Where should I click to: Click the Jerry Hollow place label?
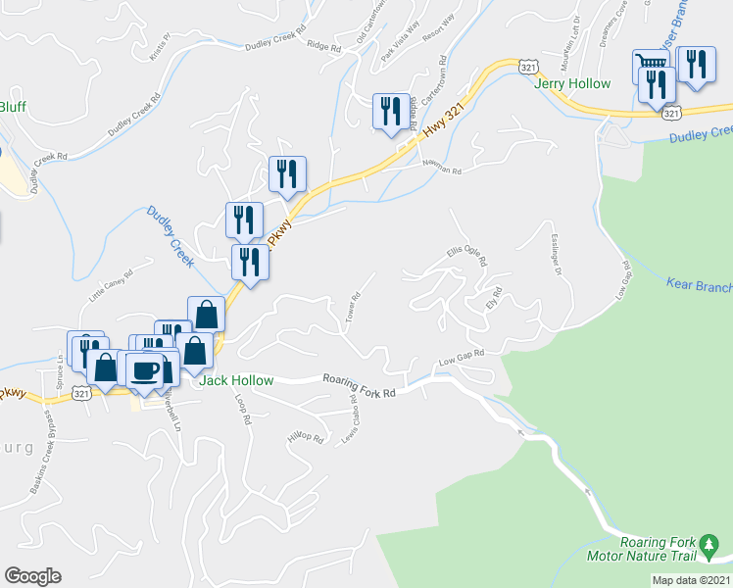[x=573, y=83]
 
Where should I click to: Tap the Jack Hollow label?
[x=236, y=380]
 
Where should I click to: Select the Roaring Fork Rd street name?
[x=359, y=388]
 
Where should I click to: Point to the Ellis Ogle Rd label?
[x=467, y=256]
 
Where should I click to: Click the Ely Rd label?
[x=494, y=297]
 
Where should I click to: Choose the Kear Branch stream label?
[x=699, y=284]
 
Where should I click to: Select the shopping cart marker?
[x=649, y=65]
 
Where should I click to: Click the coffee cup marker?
[x=146, y=370]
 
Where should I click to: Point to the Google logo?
[x=32, y=576]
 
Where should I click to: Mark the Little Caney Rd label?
[x=110, y=287]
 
